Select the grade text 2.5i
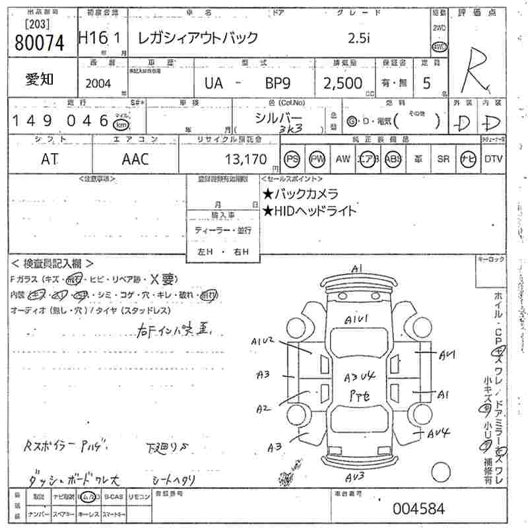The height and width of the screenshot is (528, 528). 360,38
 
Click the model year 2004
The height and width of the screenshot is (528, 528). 99,83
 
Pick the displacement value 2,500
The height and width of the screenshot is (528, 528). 343,83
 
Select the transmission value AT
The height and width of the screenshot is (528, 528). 50,159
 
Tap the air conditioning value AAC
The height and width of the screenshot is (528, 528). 135,159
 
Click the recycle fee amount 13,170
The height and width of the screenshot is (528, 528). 245,159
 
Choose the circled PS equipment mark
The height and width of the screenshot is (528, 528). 292,159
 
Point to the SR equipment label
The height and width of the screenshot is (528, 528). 443,159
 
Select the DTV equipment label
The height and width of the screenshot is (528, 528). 493,159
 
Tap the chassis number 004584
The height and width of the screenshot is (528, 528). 418,509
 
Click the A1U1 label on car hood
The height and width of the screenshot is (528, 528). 356,320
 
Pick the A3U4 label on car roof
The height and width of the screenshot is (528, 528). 360,377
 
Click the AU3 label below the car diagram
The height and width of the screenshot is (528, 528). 357,477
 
